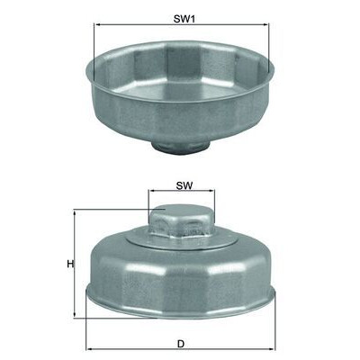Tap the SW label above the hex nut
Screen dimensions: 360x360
click(x=184, y=185)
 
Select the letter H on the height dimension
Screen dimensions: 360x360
click(x=70, y=264)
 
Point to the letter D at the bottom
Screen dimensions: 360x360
click(x=181, y=344)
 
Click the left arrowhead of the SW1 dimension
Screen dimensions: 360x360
click(x=96, y=24)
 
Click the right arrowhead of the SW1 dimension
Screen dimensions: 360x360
click(x=266, y=24)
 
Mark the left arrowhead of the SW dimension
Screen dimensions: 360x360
click(x=151, y=191)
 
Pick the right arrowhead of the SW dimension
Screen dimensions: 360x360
click(x=211, y=191)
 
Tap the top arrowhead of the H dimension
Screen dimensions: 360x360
click(x=75, y=213)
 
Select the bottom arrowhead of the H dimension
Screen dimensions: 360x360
click(x=75, y=315)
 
